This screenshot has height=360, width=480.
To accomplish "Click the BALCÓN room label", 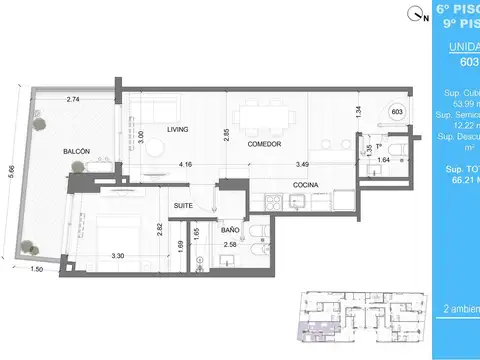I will (x=76, y=151).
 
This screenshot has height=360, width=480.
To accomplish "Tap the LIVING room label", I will (x=178, y=129).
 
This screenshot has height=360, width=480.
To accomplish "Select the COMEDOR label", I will (x=263, y=144).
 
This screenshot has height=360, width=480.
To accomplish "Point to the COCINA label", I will (x=306, y=185).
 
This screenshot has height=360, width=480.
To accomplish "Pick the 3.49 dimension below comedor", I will (x=302, y=164).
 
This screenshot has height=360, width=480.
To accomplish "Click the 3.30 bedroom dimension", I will (x=116, y=255).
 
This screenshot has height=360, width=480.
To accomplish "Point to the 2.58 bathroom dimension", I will (x=229, y=244).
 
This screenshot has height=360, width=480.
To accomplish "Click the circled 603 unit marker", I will (x=396, y=111).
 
